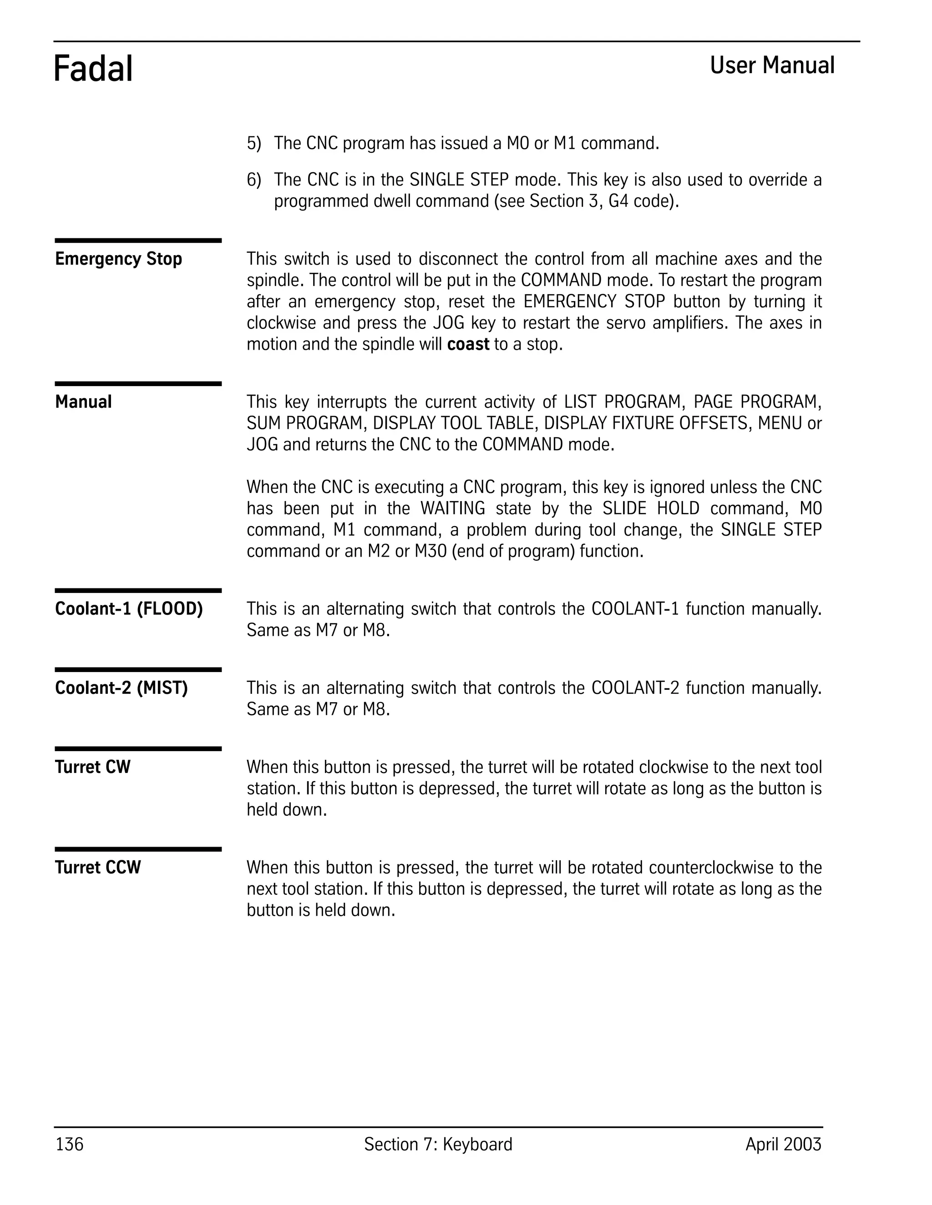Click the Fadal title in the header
[x=93, y=70]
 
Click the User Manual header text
[x=771, y=65]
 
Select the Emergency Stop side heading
[x=118, y=259]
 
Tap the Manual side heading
[x=83, y=402]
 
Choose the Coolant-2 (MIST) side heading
[x=121, y=688]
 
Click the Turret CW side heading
[x=92, y=767]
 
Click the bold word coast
[x=468, y=344]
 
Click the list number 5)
[x=253, y=143]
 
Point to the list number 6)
[x=253, y=180]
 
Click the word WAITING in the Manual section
[x=452, y=508]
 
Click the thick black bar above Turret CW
[x=138, y=749]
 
